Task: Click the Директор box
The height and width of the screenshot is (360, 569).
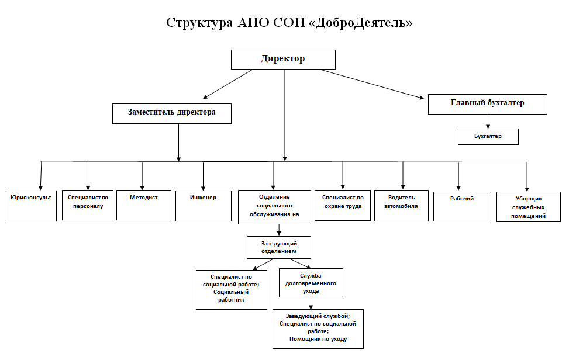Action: pyautogui.click(x=283, y=60)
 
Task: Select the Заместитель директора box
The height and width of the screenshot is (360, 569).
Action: pyautogui.click(x=172, y=114)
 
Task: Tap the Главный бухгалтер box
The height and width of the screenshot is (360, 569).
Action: pyautogui.click(x=487, y=105)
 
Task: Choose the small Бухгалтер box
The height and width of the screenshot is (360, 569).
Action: pyautogui.click(x=488, y=137)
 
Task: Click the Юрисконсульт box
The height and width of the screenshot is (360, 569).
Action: pyautogui.click(x=31, y=206)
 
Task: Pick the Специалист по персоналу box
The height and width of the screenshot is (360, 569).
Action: pyautogui.click(x=88, y=205)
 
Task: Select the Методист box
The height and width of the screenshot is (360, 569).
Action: pyautogui.click(x=144, y=205)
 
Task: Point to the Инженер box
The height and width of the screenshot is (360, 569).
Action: pyautogui.click(x=204, y=206)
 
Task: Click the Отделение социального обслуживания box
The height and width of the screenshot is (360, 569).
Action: pyautogui.click(x=274, y=207)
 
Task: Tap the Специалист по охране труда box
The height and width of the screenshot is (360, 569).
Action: pyautogui.click(x=343, y=205)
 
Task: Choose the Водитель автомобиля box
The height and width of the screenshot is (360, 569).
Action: pyautogui.click(x=401, y=206)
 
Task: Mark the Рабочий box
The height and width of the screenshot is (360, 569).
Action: pyautogui.click(x=462, y=207)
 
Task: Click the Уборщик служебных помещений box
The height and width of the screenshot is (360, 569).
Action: pyautogui.click(x=529, y=207)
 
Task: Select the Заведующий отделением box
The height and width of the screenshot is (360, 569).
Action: pyautogui.click(x=279, y=248)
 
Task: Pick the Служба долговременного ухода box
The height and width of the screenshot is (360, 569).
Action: pyautogui.click(x=311, y=283)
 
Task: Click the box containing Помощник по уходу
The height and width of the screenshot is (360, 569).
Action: pyautogui.click(x=318, y=329)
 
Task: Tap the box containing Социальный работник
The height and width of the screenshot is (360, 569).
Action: pyautogui.click(x=232, y=290)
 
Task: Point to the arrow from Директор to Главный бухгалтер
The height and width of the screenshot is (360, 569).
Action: pyautogui.click(x=372, y=84)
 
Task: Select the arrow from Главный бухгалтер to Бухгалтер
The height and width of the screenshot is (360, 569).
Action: pyautogui.click(x=488, y=122)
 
